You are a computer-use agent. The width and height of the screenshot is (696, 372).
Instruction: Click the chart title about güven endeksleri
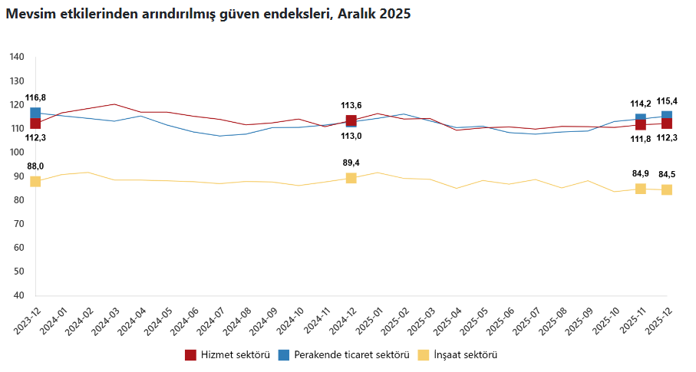pyautogui.click(x=208, y=15)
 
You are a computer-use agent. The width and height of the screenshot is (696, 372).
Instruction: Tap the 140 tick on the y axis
pyautogui.click(x=18, y=58)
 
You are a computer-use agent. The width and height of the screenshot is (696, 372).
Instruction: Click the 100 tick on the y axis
pyautogui.click(x=18, y=153)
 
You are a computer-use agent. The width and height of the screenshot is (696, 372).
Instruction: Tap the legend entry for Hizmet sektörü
pyautogui.click(x=227, y=355)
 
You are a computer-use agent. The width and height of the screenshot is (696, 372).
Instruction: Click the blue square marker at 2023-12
pyautogui.click(x=35, y=114)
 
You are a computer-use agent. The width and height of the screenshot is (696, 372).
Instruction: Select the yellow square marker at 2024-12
pyautogui.click(x=351, y=178)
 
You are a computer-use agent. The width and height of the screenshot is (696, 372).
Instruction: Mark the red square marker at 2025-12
pyautogui.click(x=667, y=123)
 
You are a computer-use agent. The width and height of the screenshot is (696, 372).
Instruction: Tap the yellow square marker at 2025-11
pyautogui.click(x=641, y=189)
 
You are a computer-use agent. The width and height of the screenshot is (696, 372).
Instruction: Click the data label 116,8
pyautogui.click(x=35, y=98)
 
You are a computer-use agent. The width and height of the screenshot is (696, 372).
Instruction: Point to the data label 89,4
pyautogui.click(x=351, y=163)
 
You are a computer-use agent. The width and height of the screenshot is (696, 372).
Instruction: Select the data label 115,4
pyautogui.click(x=667, y=101)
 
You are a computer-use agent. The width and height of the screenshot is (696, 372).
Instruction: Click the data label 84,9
pyautogui.click(x=641, y=173)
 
